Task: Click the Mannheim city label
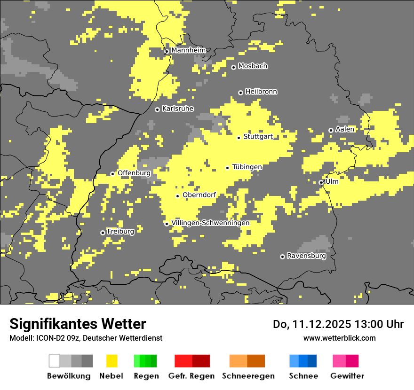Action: click(188, 50)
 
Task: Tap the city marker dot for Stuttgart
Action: click(239, 138)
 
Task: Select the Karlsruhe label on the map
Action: click(178, 109)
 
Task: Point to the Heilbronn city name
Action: click(261, 92)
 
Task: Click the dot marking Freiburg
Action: click(103, 233)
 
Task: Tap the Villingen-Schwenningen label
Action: click(210, 223)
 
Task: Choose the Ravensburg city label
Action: click(306, 256)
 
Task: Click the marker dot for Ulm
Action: click(321, 182)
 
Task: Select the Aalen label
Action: click(345, 129)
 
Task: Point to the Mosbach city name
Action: click(253, 66)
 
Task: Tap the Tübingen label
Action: click(247, 167)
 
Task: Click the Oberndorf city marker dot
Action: click(177, 196)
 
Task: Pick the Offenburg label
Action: click(134, 173)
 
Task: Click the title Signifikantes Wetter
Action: click(78, 324)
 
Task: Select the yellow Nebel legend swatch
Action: click(111, 361)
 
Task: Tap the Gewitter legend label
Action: click(347, 376)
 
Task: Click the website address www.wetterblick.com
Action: click(339, 338)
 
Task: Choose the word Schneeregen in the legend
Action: click(248, 376)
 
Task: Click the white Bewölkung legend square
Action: click(55, 361)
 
